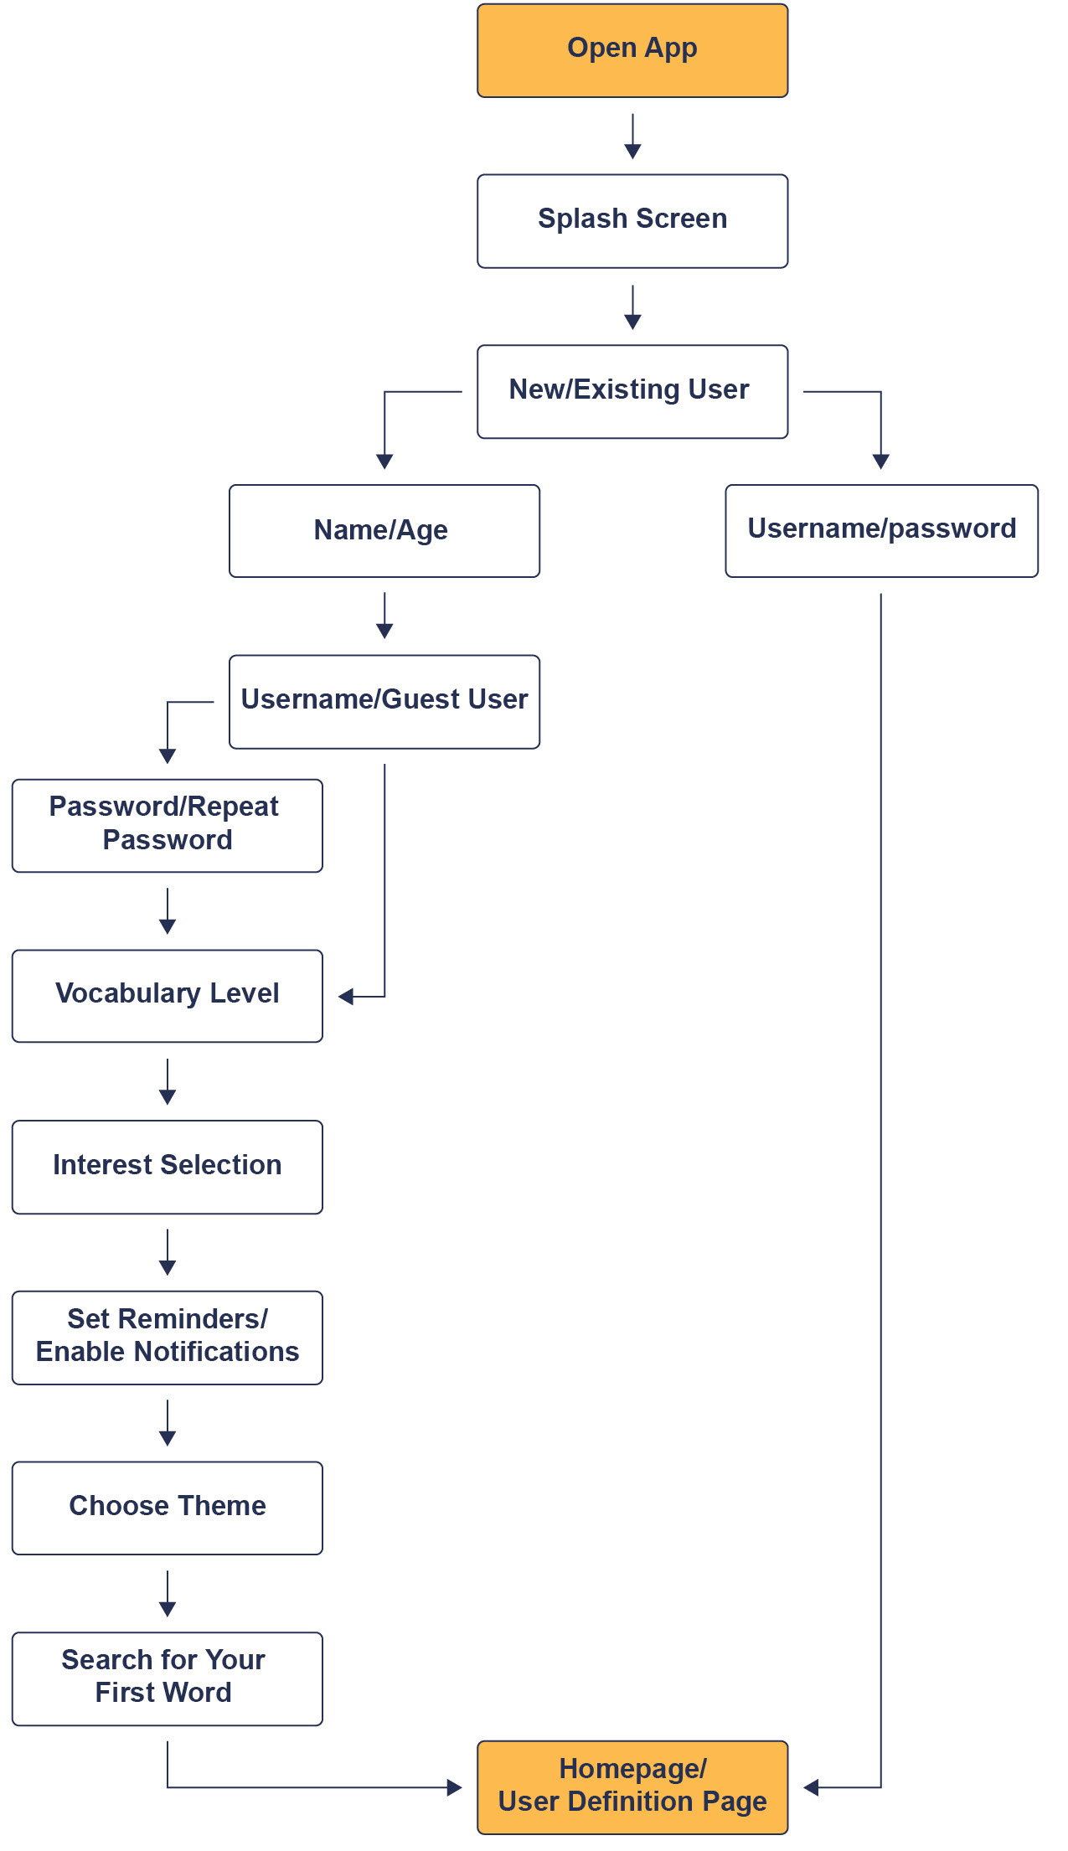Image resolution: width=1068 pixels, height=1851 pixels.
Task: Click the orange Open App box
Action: point(632,50)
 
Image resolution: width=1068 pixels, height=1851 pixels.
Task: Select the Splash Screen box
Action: point(632,221)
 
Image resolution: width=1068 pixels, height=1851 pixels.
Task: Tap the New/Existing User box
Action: point(632,391)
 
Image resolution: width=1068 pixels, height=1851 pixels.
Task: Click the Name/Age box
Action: point(384,531)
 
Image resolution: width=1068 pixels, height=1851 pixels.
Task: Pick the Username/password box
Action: point(881,531)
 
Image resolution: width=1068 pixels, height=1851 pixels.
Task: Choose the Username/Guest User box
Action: point(384,702)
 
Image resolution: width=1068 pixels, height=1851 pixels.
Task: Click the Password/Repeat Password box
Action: point(168,826)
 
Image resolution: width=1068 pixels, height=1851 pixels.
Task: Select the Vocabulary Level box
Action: point(168,996)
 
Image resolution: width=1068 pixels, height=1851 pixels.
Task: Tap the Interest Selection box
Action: point(168,1167)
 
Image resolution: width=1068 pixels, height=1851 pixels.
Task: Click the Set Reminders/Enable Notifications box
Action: point(168,1338)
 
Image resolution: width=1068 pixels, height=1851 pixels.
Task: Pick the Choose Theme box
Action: point(168,1508)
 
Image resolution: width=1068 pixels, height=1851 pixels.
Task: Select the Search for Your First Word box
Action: point(168,1678)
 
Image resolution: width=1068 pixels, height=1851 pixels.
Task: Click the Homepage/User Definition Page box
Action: point(632,1787)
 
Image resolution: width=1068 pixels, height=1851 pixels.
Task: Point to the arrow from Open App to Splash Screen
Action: point(632,136)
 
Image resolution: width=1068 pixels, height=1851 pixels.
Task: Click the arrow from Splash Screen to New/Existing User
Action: point(632,307)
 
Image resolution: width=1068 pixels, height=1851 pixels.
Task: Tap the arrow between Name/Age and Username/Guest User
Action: point(384,616)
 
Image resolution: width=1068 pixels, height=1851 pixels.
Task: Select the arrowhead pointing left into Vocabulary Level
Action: point(346,997)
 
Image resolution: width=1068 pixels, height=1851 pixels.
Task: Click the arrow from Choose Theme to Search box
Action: point(168,1593)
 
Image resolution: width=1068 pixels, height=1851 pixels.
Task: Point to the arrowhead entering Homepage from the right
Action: point(811,1787)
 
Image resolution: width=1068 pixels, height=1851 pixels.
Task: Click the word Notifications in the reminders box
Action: point(216,1352)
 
